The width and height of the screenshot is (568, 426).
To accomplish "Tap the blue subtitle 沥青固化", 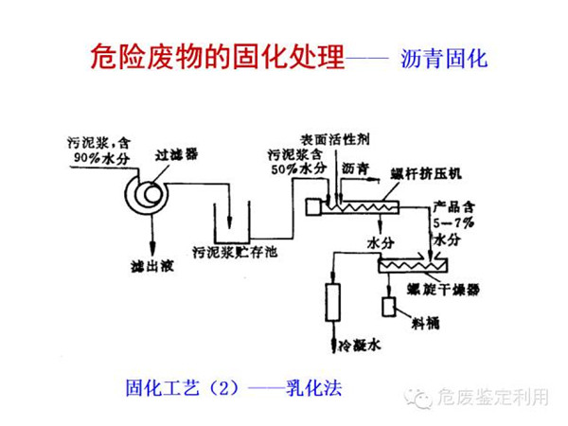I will [x=443, y=58].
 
